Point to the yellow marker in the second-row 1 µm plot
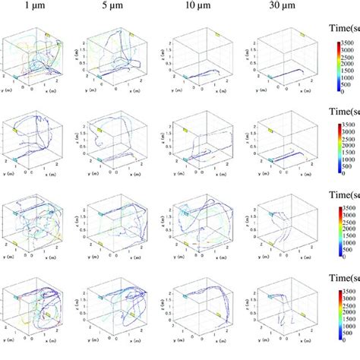tap(14, 130)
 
